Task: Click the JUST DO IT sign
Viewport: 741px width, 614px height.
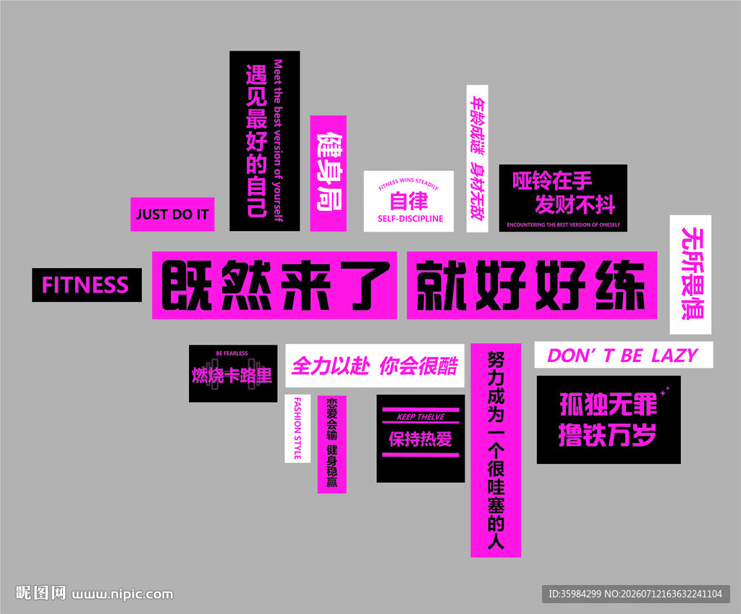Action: tap(172, 214)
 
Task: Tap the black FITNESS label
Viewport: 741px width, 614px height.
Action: tap(87, 285)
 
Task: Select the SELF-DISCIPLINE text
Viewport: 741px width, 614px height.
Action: tap(410, 219)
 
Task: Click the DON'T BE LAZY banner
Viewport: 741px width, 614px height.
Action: tap(623, 355)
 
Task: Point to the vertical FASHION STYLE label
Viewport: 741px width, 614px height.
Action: tap(297, 429)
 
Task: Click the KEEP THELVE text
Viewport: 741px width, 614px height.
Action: tap(420, 417)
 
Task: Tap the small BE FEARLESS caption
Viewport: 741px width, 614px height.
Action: tap(232, 353)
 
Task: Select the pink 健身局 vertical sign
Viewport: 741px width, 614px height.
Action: tap(329, 173)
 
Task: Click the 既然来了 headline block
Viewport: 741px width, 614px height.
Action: tap(274, 285)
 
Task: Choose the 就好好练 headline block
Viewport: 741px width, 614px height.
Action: tap(532, 285)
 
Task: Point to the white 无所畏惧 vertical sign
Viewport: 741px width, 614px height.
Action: tap(690, 274)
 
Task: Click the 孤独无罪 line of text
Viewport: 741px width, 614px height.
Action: tap(608, 405)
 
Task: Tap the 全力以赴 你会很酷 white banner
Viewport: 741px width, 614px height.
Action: tap(375, 365)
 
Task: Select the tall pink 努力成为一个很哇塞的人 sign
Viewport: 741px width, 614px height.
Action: tap(496, 450)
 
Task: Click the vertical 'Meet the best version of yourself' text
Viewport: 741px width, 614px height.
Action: tap(278, 140)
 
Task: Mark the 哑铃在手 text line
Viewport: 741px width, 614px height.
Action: tap(552, 181)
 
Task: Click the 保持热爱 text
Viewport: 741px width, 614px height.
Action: tap(420, 439)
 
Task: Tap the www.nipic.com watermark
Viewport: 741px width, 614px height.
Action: tap(122, 594)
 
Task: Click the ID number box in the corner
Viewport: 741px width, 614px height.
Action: tap(635, 594)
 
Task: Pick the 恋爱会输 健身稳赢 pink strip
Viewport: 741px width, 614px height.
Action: tap(331, 444)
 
